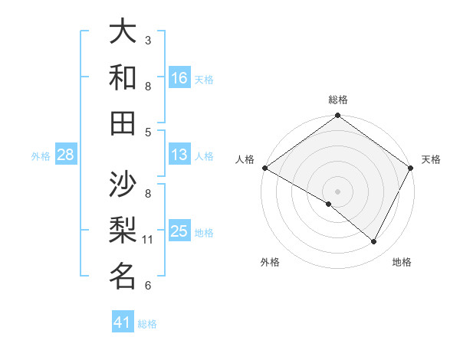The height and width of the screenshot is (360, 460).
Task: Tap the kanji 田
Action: tap(123, 122)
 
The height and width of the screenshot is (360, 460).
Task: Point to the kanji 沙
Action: tap(123, 183)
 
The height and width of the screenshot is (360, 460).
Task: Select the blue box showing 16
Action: tap(179, 78)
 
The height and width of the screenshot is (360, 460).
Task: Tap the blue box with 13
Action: tap(179, 155)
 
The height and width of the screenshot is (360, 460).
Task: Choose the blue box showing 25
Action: tap(179, 232)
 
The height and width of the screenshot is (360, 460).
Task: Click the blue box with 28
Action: tap(65, 155)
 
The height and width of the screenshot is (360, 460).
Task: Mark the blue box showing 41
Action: tap(123, 323)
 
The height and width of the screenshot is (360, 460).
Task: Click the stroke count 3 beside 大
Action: tap(148, 40)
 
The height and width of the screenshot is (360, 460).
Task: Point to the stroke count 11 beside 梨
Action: tap(148, 240)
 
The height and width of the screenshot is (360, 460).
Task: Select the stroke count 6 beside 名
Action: tap(148, 286)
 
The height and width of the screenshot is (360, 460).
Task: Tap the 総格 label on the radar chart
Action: tap(338, 100)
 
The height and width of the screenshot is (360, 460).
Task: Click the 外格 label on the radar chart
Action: tap(270, 263)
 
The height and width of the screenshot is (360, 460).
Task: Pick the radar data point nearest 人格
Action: tap(264, 168)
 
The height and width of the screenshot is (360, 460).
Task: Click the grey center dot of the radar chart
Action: tap(337, 191)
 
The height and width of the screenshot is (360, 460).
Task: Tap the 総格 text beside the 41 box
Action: tap(147, 324)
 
